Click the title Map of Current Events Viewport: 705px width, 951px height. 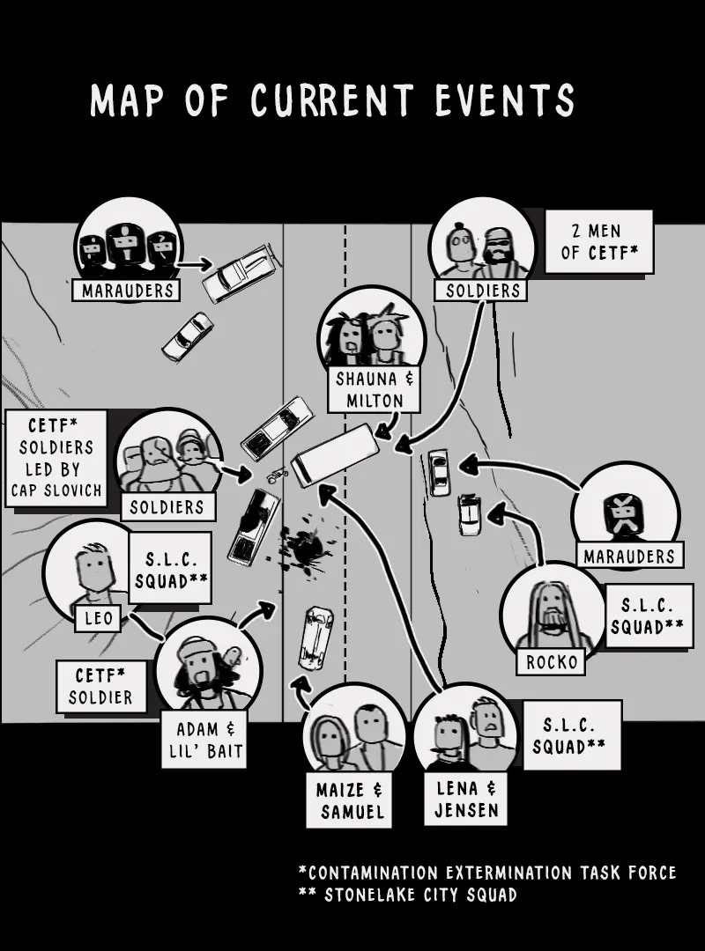(x=332, y=101)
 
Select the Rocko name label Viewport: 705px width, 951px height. (x=550, y=661)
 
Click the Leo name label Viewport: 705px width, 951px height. (x=99, y=618)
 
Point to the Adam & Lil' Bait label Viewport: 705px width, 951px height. (x=204, y=741)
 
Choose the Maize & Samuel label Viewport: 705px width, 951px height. (x=349, y=800)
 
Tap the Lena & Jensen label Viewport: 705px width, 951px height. (x=465, y=799)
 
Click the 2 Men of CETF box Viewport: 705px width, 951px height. (x=598, y=241)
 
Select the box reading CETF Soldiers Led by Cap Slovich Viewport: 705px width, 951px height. (x=56, y=458)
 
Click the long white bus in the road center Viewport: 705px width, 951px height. (x=335, y=454)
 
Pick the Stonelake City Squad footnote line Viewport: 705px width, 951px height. (x=408, y=895)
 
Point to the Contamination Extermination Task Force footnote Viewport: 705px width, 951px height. (x=487, y=873)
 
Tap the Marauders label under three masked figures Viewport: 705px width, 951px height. (x=127, y=290)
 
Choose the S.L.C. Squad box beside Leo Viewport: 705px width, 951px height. (x=170, y=568)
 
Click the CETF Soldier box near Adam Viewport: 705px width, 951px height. (x=101, y=687)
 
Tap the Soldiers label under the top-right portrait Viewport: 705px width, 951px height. (x=480, y=290)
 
